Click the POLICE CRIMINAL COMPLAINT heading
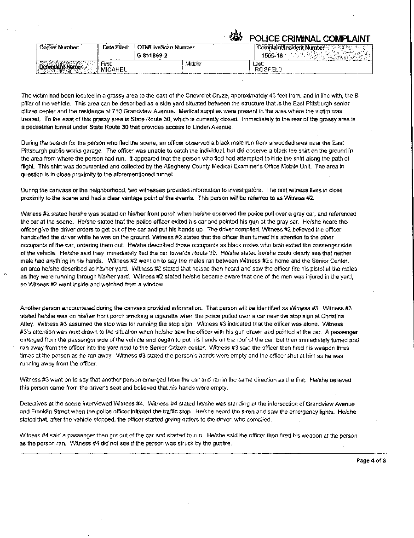click(309, 38)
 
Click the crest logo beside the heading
click(236, 36)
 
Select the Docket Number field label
click(59, 47)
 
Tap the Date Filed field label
click(116, 47)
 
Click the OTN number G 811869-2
click(152, 56)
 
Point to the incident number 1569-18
click(271, 56)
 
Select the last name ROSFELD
click(269, 69)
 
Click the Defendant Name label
click(60, 67)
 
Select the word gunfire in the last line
click(220, 443)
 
